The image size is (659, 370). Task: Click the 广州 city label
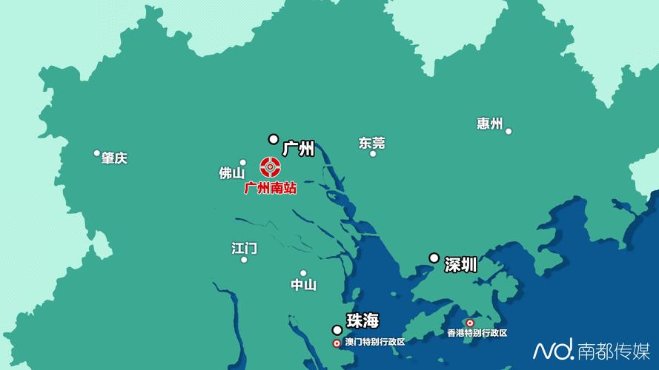[x=299, y=149]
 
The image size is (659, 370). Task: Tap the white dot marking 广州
[x=274, y=138]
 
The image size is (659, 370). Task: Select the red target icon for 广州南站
[x=270, y=167]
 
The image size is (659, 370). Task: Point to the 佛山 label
[x=231, y=173]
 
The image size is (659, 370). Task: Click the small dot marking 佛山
[x=242, y=162]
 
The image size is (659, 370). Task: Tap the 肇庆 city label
[x=115, y=158]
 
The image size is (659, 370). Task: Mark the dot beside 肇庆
[x=96, y=153]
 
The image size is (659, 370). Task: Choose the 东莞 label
[x=371, y=142]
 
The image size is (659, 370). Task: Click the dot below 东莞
[x=373, y=154]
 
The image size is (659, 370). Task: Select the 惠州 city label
[x=490, y=123]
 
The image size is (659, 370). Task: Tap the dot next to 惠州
[x=509, y=131]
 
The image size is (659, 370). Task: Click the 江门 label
[x=244, y=247]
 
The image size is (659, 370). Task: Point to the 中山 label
[x=303, y=285]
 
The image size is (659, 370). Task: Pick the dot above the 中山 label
[x=303, y=273]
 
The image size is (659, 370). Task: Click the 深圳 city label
[x=460, y=264]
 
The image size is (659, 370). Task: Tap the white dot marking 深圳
[x=434, y=258]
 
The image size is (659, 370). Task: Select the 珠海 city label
[x=362, y=320]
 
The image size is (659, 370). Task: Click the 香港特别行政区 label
[x=477, y=333]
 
